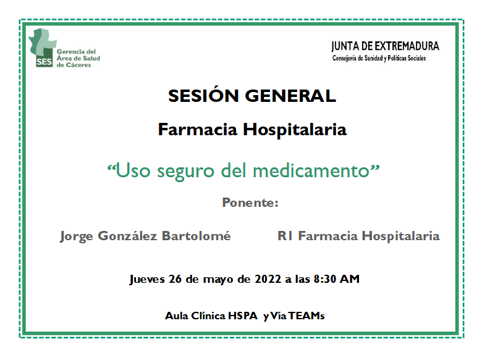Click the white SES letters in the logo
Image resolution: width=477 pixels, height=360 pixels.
(44, 62)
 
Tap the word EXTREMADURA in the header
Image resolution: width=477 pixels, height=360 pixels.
(407, 46)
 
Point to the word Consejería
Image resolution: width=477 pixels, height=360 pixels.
(344, 58)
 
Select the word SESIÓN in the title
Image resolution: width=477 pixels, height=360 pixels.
(203, 96)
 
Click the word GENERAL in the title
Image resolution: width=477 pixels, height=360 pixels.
(290, 96)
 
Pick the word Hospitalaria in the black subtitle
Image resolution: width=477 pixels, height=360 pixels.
(295, 130)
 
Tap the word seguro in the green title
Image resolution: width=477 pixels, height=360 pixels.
(185, 171)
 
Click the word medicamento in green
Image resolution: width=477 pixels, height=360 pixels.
(311, 170)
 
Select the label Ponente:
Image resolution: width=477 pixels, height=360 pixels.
(250, 203)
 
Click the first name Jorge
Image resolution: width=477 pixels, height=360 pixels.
(77, 237)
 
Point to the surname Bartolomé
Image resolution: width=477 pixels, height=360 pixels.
(196, 236)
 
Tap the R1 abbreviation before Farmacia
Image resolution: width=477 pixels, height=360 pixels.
(285, 236)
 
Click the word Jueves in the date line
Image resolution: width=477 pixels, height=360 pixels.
(147, 279)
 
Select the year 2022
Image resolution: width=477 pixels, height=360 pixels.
(268, 279)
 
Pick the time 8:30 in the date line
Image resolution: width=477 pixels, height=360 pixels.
(324, 279)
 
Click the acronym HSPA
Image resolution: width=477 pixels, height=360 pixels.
(243, 316)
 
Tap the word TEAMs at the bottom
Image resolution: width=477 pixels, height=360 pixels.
(306, 316)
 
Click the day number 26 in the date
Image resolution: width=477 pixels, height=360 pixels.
(175, 279)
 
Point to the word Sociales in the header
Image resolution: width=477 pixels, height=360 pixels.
(416, 58)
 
